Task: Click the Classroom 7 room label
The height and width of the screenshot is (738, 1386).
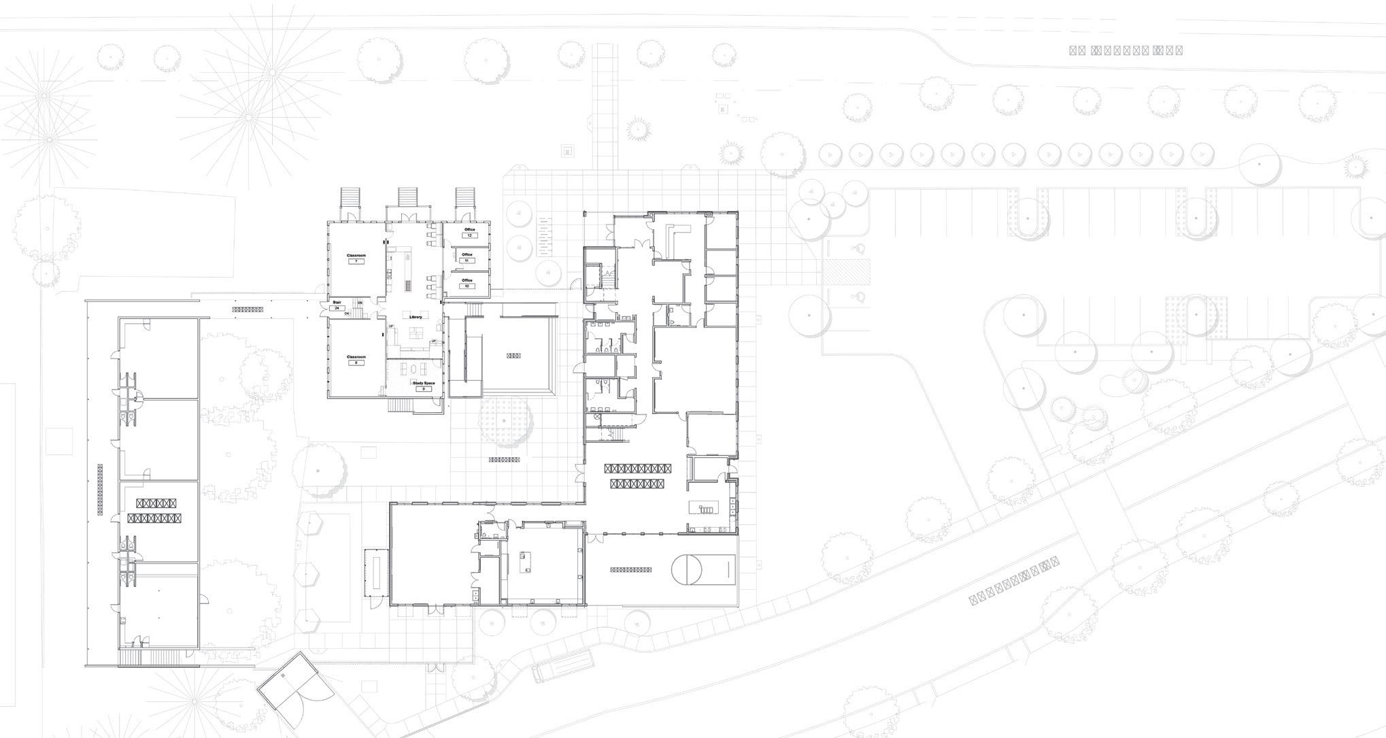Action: click(356, 256)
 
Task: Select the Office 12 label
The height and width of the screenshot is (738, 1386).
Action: click(469, 230)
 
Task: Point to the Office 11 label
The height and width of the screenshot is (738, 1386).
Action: click(467, 255)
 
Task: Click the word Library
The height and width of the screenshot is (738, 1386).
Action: click(416, 317)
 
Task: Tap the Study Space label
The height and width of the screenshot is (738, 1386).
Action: click(423, 384)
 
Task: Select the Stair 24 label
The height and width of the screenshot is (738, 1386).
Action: click(336, 303)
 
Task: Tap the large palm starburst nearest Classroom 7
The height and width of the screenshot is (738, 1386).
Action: click(250, 117)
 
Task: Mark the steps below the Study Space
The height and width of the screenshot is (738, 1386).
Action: click(401, 405)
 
